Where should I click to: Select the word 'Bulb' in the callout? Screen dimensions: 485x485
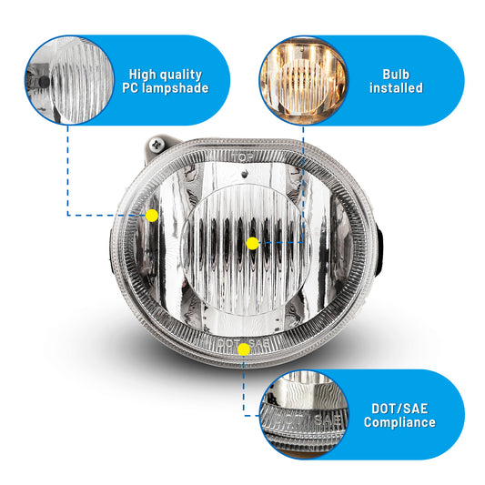point(396,75)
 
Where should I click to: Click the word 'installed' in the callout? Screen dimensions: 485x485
point(396,88)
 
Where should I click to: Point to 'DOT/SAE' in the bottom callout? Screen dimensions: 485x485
point(399,409)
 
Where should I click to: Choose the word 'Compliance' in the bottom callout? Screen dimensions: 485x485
point(399,422)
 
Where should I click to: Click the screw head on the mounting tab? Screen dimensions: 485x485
point(157,144)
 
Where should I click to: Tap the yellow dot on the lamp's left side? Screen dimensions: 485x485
point(152,216)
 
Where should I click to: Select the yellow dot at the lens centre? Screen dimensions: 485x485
point(252,244)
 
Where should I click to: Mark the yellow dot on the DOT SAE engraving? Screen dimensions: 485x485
point(244,349)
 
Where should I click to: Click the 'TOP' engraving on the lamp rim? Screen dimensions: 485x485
point(243,157)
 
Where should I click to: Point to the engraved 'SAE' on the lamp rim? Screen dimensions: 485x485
point(259,343)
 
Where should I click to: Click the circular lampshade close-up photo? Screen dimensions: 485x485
point(69,80)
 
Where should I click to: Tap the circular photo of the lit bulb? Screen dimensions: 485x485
point(303,81)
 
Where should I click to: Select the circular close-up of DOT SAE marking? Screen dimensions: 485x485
point(305,414)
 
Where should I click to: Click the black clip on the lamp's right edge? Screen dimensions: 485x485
point(379,250)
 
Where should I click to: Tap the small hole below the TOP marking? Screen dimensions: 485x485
point(246,175)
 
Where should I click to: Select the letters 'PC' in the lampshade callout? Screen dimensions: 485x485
point(130,88)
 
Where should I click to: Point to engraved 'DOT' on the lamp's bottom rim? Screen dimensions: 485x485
point(228,343)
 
